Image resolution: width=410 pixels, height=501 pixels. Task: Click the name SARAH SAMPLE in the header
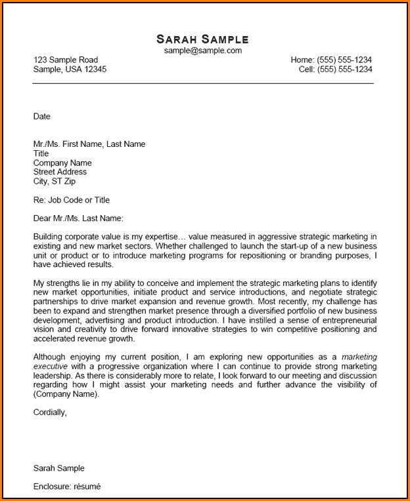point(202,39)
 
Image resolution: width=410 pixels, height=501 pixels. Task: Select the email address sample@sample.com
point(203,50)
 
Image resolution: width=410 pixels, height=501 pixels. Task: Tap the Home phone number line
point(331,60)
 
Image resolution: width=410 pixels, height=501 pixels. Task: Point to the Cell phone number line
point(335,69)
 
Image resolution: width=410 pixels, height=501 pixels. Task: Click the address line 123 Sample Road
point(66,60)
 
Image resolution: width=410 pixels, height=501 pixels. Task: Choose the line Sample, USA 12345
point(70,69)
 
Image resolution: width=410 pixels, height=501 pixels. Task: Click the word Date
point(41,117)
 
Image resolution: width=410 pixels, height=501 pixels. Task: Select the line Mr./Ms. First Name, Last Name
point(89,144)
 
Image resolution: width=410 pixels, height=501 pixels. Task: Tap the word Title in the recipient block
point(41,153)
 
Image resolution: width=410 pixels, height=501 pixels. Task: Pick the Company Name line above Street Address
point(62,163)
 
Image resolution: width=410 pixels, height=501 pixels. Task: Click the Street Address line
point(60,172)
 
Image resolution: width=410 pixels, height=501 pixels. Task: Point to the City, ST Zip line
point(54,181)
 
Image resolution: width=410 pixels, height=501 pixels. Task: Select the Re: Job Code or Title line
point(72,200)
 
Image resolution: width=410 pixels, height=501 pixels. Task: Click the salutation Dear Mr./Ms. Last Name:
point(78,218)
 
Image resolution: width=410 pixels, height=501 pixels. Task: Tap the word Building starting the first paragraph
point(49,237)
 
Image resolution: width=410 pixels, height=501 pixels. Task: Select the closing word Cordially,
point(50,412)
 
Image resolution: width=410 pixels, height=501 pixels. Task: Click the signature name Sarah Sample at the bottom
point(59,468)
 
